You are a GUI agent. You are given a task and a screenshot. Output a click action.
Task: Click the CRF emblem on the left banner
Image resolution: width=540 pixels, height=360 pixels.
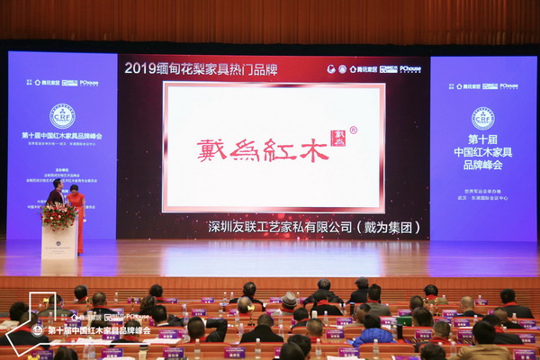pyautogui.click(x=62, y=115)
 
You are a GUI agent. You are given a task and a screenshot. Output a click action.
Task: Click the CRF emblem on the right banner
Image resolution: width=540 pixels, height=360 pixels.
pyautogui.click(x=482, y=118)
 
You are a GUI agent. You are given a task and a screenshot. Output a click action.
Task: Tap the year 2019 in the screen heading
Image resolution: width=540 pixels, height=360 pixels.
pyautogui.click(x=140, y=67)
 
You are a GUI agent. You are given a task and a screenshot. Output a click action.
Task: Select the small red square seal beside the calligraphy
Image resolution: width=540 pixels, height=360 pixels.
pyautogui.click(x=337, y=138)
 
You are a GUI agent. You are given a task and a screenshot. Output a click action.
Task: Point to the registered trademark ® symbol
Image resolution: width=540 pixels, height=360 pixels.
pyautogui.click(x=353, y=130)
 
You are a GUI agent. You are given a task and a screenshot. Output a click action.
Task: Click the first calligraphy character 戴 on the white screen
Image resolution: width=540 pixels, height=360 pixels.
pyautogui.click(x=212, y=149)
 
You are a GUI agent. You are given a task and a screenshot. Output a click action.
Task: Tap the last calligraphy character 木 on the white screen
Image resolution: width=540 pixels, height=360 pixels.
pyautogui.click(x=314, y=149)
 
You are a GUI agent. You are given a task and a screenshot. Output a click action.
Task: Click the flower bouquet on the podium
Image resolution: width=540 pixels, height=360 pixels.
pyautogui.click(x=58, y=216)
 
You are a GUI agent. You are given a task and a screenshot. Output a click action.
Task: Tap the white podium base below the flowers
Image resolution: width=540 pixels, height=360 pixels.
pyautogui.click(x=59, y=243)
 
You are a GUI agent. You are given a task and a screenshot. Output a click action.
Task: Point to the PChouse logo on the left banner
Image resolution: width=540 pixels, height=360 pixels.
pyautogui.click(x=88, y=83)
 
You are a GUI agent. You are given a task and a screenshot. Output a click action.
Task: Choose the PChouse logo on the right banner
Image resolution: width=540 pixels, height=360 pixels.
pyautogui.click(x=508, y=85)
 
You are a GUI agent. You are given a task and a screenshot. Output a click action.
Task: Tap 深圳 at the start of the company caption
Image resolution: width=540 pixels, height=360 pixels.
pyautogui.click(x=219, y=227)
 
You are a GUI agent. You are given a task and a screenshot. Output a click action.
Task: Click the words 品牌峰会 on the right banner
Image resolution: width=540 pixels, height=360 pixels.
pyautogui.click(x=482, y=165)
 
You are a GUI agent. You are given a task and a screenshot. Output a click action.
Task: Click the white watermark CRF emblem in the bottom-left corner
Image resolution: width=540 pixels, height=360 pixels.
pyautogui.click(x=37, y=329)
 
